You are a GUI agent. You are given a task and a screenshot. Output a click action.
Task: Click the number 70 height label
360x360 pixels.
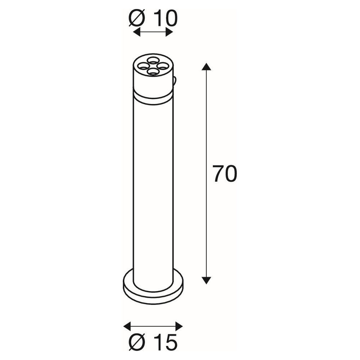(225, 174)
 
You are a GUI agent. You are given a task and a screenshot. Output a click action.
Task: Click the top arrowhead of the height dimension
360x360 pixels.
(206, 67)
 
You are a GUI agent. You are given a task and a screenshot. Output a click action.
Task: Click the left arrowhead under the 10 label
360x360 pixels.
(137, 32)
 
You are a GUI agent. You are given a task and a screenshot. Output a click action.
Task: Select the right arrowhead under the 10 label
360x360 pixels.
(169, 32)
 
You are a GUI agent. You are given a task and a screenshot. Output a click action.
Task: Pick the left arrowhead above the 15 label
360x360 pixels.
(127, 326)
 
